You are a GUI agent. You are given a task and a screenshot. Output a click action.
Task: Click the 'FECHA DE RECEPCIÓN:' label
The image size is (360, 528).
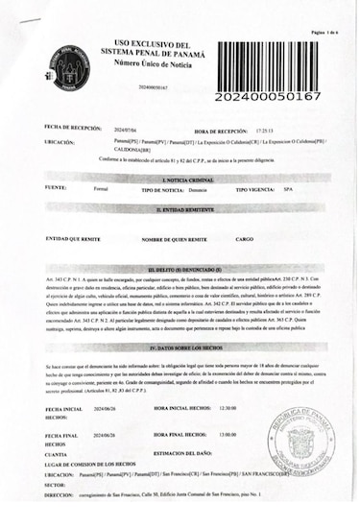71,128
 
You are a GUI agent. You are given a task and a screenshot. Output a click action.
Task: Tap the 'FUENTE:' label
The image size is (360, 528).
56,188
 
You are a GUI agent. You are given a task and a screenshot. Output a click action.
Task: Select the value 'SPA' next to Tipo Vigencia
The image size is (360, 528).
289,190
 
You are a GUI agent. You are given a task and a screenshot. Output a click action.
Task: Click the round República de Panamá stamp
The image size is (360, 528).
300,446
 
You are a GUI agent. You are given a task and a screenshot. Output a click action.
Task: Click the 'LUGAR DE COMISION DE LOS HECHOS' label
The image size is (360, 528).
94,464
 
